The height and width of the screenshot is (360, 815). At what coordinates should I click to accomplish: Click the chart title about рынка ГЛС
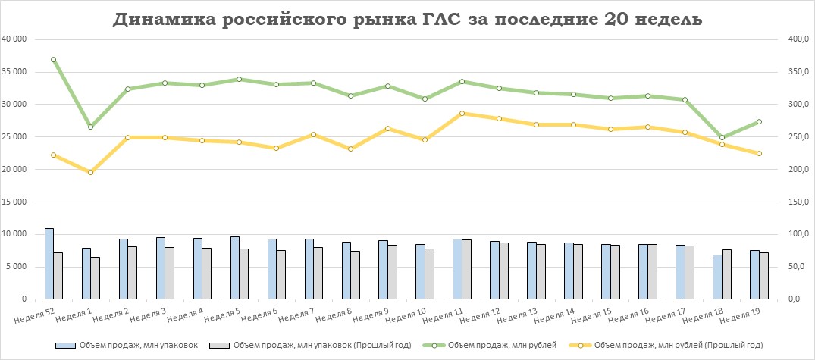pyautogui.click(x=407, y=20)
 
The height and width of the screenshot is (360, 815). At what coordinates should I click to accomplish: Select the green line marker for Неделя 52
pyautogui.click(x=53, y=60)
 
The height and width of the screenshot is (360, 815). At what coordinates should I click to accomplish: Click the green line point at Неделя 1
pyautogui.click(x=90, y=127)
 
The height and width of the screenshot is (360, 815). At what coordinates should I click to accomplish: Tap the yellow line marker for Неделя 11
pyautogui.click(x=462, y=114)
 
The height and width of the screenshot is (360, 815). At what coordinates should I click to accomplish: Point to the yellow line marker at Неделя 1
pyautogui.click(x=90, y=173)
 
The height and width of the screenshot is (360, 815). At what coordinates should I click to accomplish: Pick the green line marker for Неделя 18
pyautogui.click(x=722, y=138)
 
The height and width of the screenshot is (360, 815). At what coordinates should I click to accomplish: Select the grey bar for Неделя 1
pyautogui.click(x=95, y=277)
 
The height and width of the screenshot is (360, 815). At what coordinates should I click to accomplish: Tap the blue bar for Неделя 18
pyautogui.click(x=717, y=277)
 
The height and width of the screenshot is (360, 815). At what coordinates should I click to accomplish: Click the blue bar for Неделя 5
pyautogui.click(x=234, y=268)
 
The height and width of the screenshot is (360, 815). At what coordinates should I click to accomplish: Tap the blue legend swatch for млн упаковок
pyautogui.click(x=68, y=346)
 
